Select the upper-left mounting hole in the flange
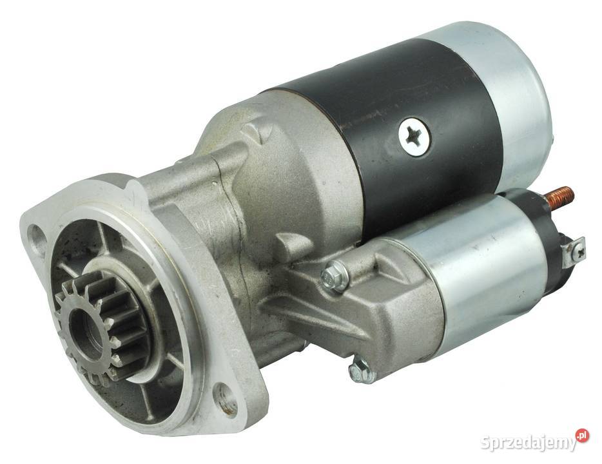pyautogui.click(x=37, y=235)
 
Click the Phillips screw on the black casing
pyautogui.click(x=414, y=137)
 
